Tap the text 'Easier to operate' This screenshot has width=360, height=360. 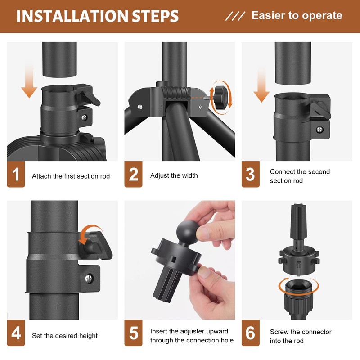pos(297,16)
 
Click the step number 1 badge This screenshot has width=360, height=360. pos(16,174)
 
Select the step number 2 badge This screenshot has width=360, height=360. pos(133,174)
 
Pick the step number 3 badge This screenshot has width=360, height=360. pos(251,174)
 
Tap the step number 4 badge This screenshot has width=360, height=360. pos(16,333)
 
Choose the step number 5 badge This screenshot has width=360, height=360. pos(133,333)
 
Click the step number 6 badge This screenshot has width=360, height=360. pos(251,333)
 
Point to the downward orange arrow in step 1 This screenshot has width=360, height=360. pos(29,81)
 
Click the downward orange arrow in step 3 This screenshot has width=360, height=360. pos(261,85)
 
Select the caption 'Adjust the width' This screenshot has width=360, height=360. pos(174,175)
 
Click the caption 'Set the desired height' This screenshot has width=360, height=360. pos(65,336)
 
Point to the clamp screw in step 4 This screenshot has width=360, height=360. pos(89,279)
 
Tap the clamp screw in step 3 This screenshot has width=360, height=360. pos(319,130)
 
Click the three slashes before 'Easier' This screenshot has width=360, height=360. pos(235,16)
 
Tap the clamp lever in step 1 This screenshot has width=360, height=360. pos(91,97)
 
